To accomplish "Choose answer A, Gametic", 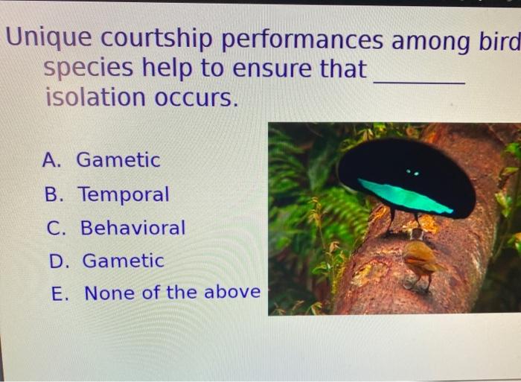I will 118,160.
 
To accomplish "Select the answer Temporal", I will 124,195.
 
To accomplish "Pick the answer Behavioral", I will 132,228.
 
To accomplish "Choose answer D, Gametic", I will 122,261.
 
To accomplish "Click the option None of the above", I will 172,293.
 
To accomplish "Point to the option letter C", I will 56,228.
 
